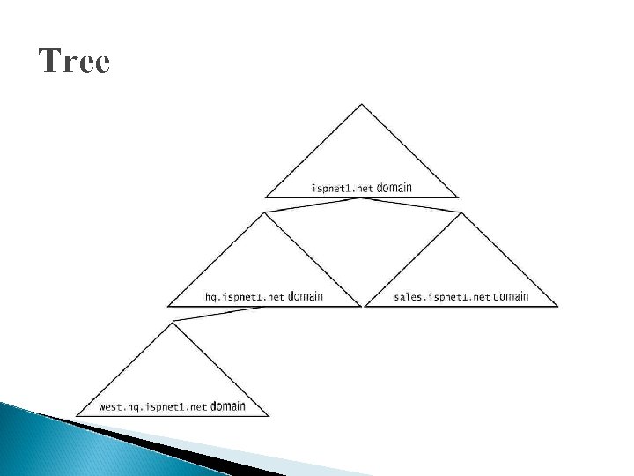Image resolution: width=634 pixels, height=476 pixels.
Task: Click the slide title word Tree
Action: [75, 63]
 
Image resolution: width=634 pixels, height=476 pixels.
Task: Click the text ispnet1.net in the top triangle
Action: [343, 189]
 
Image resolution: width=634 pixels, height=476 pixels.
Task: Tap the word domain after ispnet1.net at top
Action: [394, 188]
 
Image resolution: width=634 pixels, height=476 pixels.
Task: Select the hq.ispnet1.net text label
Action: [245, 298]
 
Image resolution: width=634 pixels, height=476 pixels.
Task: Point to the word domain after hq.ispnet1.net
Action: [305, 297]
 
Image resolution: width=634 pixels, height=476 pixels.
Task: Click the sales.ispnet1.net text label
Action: [442, 298]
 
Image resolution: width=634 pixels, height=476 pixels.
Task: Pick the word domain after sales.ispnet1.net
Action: [512, 297]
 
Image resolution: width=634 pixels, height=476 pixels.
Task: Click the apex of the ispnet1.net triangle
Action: [361, 104]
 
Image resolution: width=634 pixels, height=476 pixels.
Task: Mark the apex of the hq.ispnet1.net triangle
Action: [264, 212]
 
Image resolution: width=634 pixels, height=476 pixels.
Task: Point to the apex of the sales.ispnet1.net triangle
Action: [461, 212]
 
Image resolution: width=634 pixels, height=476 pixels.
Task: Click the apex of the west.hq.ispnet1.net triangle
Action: [173, 323]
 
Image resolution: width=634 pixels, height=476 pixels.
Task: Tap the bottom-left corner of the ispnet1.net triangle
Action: [266, 197]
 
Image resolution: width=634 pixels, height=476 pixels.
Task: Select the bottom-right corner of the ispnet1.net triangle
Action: [459, 197]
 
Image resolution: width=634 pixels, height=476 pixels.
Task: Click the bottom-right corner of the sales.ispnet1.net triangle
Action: [558, 307]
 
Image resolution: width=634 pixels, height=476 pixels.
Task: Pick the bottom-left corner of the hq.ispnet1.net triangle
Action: [168, 307]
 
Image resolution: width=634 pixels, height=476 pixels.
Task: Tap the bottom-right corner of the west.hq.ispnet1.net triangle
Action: [268, 416]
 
